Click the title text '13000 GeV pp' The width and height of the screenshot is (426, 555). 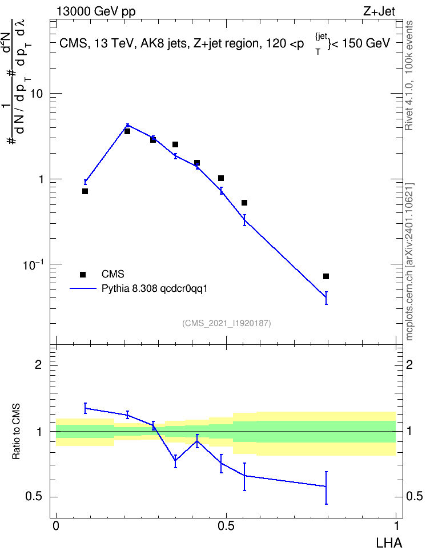click(95, 11)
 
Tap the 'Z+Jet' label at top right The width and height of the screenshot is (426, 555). click(379, 11)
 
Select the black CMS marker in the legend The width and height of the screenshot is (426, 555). click(83, 274)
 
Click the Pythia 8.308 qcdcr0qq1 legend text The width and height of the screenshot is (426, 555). click(154, 289)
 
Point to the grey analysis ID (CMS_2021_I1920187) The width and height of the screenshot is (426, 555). click(227, 323)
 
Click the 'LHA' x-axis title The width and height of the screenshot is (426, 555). click(389, 543)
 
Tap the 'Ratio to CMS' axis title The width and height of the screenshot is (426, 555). click(17, 432)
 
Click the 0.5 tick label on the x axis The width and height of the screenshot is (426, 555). click(226, 526)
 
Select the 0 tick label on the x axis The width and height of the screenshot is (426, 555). click(56, 526)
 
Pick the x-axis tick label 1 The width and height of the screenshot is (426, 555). click(396, 526)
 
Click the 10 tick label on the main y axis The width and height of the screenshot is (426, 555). click(36, 94)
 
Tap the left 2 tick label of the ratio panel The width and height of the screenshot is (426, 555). click(38, 364)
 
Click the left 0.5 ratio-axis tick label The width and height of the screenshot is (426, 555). click(34, 496)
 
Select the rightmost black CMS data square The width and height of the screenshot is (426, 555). click(326, 276)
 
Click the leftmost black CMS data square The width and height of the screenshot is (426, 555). click(85, 191)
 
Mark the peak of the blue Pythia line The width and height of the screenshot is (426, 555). click(128, 125)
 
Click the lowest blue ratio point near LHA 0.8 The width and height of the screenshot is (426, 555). click(326, 486)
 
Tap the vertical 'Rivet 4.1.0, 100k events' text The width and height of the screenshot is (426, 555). click(409, 75)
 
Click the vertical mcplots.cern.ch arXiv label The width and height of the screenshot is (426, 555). click(409, 262)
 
